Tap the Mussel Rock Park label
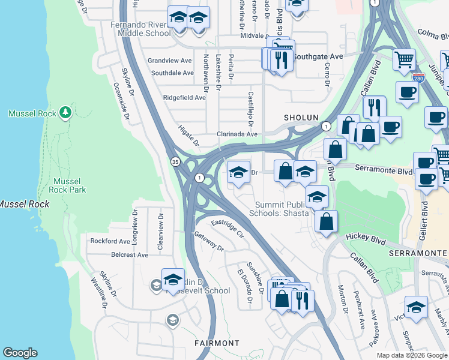pos(70,185)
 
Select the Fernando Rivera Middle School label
pos(140,29)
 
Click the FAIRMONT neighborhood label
pos(217,343)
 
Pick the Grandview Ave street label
pos(170,61)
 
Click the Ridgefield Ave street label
pos(184,97)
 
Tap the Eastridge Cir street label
pos(226,229)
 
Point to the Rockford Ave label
pos(110,241)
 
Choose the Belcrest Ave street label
pos(129,254)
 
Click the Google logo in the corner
pos(20,353)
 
